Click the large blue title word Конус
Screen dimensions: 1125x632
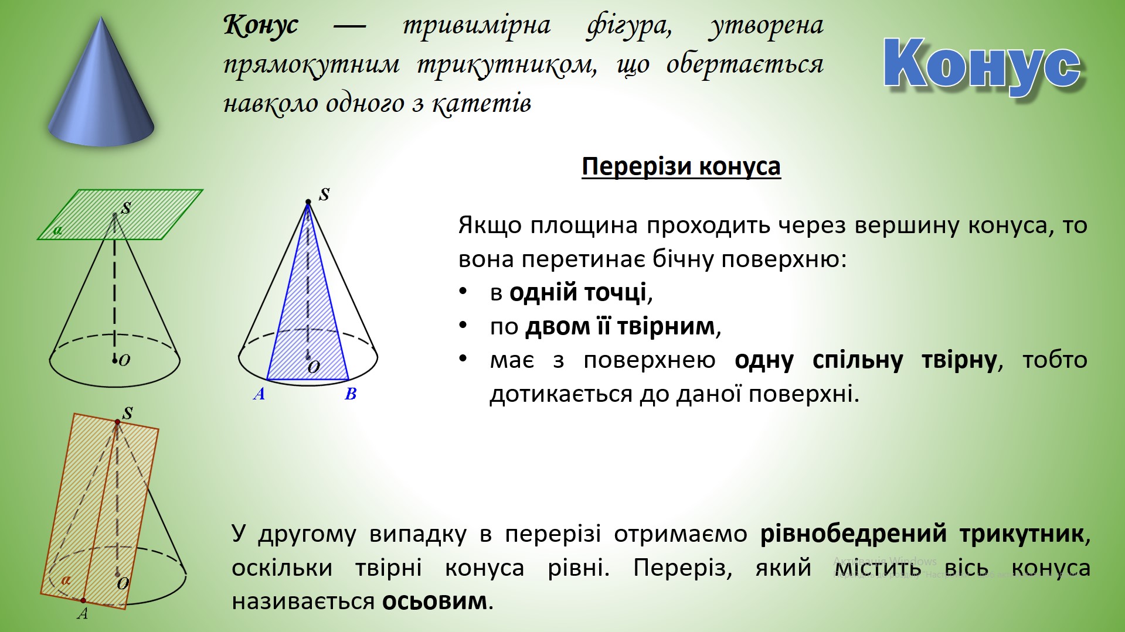coord(982,64)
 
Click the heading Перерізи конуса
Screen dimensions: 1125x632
coord(681,166)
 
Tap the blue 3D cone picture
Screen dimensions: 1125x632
coord(101,81)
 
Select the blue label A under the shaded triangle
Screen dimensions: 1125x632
coord(259,394)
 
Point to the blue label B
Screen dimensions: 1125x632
coord(351,394)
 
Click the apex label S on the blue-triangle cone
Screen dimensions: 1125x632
coord(324,194)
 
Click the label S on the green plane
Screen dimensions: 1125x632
coord(125,208)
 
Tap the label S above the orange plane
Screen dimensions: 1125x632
coord(127,413)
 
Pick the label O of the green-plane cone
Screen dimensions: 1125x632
coord(124,360)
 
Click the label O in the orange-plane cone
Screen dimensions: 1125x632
coord(123,583)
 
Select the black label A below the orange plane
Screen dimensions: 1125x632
coord(83,614)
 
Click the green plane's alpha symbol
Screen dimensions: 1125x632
coord(57,230)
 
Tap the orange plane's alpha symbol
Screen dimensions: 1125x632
coord(66,580)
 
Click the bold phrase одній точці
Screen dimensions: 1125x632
coord(578,292)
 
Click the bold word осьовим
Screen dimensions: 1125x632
coord(434,601)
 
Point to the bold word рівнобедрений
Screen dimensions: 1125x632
coord(853,534)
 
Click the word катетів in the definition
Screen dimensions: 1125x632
coord(481,104)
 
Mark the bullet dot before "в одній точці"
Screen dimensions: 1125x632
coord(463,291)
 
